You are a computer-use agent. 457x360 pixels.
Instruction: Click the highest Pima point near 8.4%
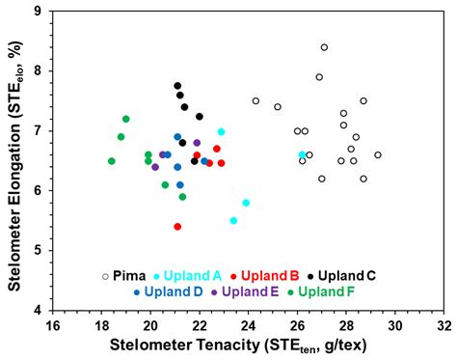pyautogui.click(x=324, y=47)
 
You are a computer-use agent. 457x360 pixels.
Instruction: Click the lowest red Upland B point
pyautogui.click(x=177, y=227)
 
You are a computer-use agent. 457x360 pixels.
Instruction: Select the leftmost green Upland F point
pyautogui.click(x=112, y=161)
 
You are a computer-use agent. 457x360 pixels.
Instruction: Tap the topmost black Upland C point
pyautogui.click(x=177, y=86)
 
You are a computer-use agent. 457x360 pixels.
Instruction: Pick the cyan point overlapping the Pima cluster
pyautogui.click(x=302, y=154)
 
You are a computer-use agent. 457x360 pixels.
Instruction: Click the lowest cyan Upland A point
pyautogui.click(x=233, y=221)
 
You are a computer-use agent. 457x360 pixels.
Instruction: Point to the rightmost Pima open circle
pyautogui.click(x=378, y=154)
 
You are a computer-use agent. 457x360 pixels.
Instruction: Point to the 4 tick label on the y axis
pyautogui.click(x=37, y=311)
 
